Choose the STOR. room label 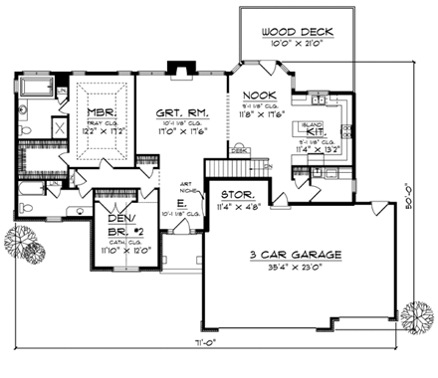click(x=235, y=195)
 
